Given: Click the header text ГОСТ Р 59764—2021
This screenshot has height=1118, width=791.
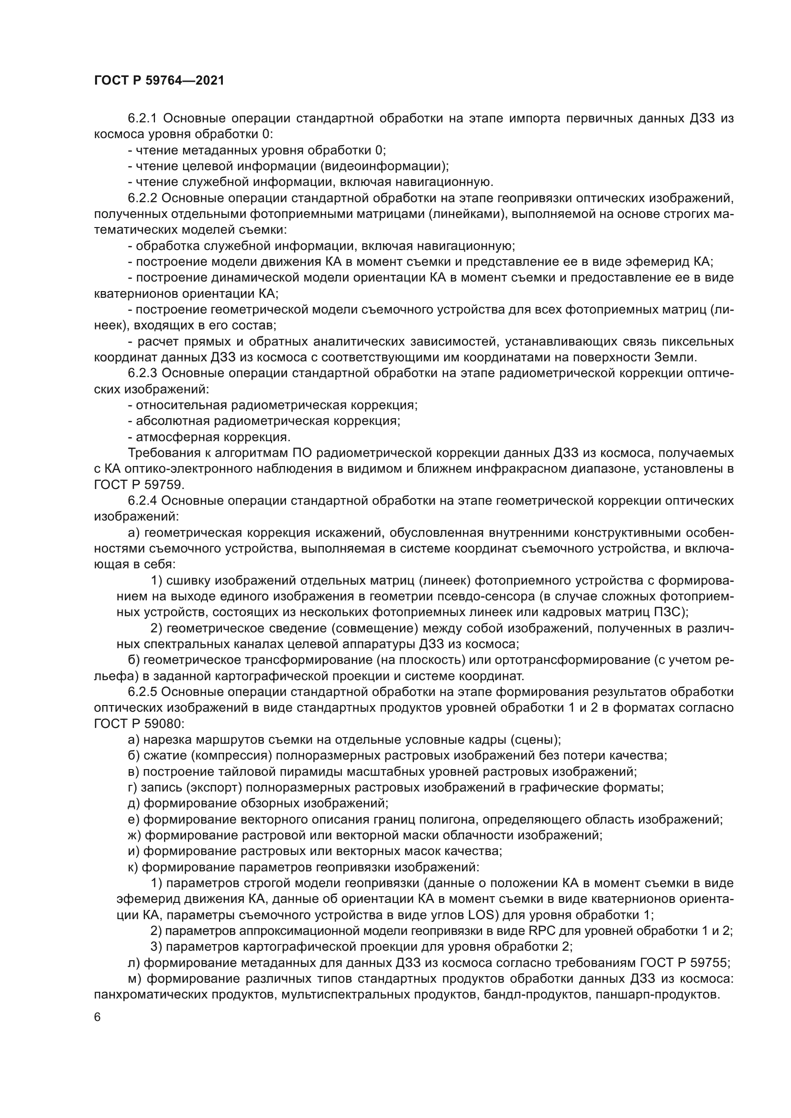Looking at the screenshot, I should [x=159, y=81].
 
